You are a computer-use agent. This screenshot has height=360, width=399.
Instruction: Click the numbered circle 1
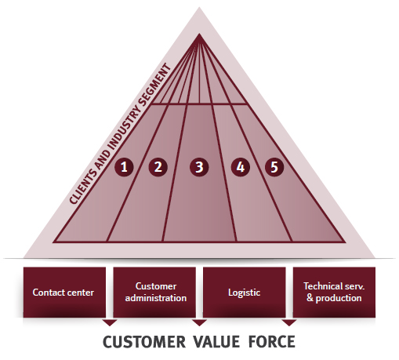click(x=124, y=167)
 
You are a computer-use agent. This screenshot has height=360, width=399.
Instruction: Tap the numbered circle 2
click(x=158, y=167)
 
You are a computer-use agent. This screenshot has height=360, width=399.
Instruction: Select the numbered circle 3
click(x=199, y=167)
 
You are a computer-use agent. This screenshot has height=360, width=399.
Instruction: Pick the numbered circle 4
click(x=241, y=167)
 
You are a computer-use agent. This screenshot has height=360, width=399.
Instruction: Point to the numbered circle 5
click(x=274, y=167)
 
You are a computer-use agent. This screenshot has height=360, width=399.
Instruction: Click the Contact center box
click(x=64, y=293)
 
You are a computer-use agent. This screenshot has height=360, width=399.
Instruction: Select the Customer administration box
click(x=154, y=293)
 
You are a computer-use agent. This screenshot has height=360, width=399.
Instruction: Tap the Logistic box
click(x=245, y=293)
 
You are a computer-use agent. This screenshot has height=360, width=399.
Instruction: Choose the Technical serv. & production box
click(x=334, y=293)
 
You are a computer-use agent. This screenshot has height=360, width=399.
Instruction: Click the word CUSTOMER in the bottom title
click(x=144, y=342)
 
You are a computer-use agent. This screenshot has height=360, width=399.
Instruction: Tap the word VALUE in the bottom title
click(x=216, y=342)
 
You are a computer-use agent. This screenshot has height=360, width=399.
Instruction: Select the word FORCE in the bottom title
click(x=272, y=342)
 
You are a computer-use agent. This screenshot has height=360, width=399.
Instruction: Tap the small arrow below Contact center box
click(x=110, y=322)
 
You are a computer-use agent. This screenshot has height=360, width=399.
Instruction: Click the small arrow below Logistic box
click(x=289, y=322)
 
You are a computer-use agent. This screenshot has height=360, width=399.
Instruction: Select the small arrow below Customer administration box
click(x=199, y=322)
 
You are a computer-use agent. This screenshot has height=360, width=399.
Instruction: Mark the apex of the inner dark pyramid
click(x=199, y=34)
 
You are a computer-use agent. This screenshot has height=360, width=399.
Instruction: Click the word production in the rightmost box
click(x=339, y=298)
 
